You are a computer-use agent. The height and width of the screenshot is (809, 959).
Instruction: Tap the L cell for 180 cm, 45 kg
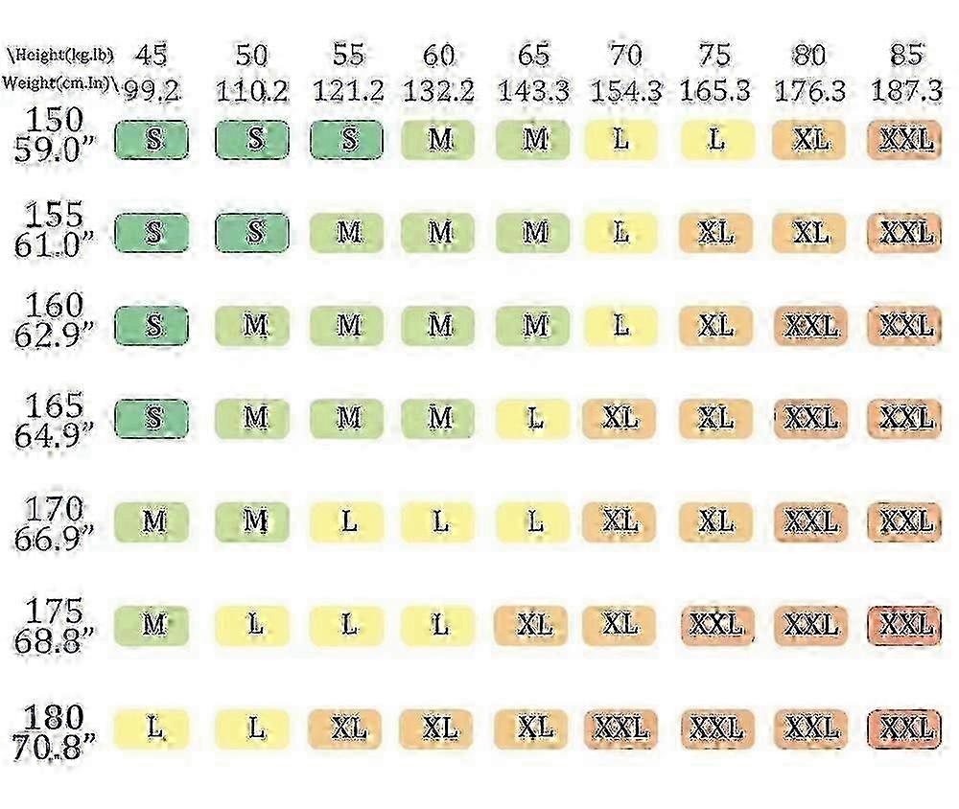[152, 728]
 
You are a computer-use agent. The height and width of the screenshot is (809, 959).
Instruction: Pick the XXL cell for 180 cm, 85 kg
[904, 728]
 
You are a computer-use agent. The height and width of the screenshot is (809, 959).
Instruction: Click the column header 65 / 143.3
[533, 73]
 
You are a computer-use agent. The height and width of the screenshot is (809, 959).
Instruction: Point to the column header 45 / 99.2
[152, 73]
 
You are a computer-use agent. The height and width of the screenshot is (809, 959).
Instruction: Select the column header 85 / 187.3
[904, 73]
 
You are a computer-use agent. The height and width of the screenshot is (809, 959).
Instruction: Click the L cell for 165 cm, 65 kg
[533, 418]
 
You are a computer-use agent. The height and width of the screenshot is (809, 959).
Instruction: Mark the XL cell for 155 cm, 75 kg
[715, 233]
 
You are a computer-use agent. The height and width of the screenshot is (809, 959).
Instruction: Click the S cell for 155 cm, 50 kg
[253, 233]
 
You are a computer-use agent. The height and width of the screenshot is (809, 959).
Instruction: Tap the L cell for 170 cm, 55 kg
[348, 521]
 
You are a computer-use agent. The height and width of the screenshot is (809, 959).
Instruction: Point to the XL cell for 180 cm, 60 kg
[438, 728]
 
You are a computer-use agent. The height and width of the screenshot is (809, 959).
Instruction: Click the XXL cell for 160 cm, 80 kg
[811, 326]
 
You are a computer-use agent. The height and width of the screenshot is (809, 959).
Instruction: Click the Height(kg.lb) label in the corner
[59, 55]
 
